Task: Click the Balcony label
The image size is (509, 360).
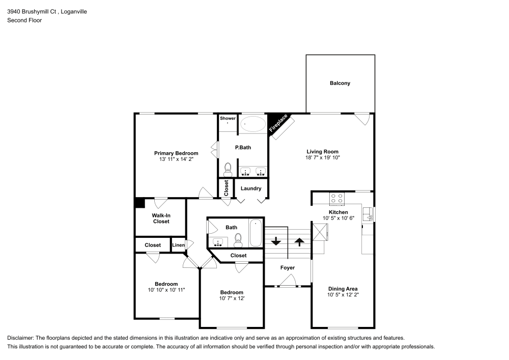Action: click(x=340, y=83)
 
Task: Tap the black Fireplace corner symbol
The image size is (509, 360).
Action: click(x=275, y=121)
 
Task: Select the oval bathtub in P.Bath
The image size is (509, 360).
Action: click(x=252, y=124)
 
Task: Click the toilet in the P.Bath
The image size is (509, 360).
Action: click(x=228, y=169)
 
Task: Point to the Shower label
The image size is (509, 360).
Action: click(x=228, y=118)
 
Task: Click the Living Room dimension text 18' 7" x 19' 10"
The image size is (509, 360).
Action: click(x=322, y=158)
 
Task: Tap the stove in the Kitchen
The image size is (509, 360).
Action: click(x=336, y=198)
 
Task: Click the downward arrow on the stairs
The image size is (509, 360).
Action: click(x=277, y=240)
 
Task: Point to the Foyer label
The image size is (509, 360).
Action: click(x=288, y=268)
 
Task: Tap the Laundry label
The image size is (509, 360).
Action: click(x=251, y=188)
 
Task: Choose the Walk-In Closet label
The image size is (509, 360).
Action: click(x=161, y=218)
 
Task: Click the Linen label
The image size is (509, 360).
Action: click(x=178, y=245)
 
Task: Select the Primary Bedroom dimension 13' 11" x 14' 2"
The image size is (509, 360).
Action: click(x=176, y=159)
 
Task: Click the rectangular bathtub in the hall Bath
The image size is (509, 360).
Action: click(x=256, y=233)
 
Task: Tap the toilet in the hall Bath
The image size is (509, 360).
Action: click(x=238, y=238)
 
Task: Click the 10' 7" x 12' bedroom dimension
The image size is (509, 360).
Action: click(x=232, y=298)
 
